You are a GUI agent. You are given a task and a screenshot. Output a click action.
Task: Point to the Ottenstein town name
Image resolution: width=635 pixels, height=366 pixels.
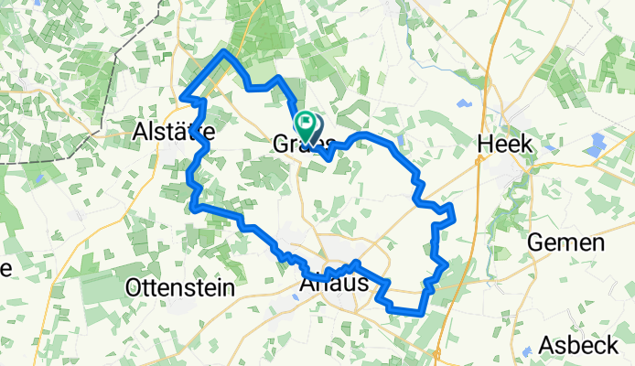tap(179, 286)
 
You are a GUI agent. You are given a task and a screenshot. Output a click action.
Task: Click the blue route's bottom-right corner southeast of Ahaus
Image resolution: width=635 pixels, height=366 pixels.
tap(423, 311)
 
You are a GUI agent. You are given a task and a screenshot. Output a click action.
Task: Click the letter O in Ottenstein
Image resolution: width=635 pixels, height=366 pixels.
tap(134, 287)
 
